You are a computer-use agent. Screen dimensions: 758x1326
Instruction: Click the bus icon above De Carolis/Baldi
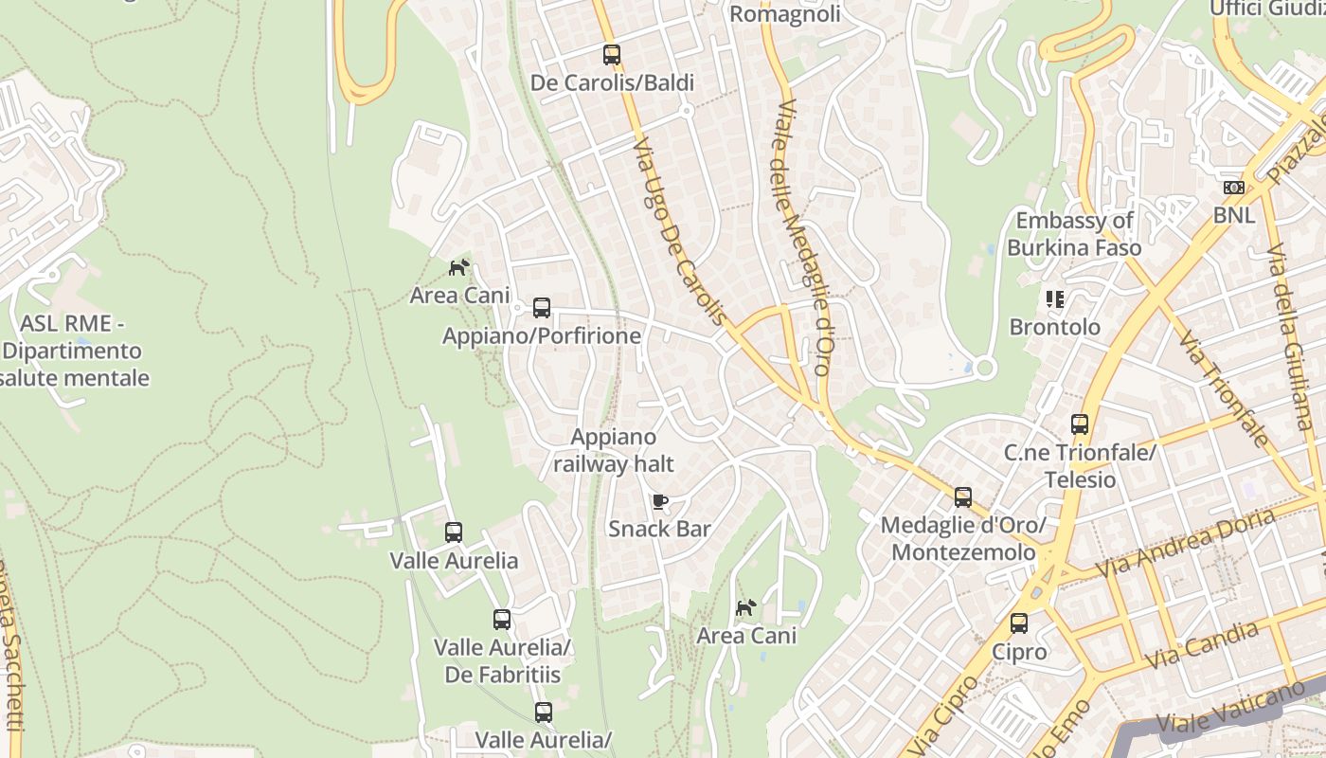click(612, 55)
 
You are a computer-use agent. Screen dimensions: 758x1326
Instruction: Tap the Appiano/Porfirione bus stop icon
click(542, 308)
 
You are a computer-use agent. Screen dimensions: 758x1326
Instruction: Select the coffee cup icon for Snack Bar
click(660, 501)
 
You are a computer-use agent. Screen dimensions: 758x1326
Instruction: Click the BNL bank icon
click(1233, 188)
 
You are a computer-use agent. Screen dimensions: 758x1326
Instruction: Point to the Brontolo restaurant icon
click(1055, 299)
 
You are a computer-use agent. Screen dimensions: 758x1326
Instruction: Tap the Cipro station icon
click(1019, 623)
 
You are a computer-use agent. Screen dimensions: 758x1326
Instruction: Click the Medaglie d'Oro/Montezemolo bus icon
click(963, 496)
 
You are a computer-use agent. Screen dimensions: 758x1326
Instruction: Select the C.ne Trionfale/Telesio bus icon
click(1080, 424)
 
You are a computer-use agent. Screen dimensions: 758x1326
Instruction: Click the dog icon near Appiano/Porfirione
click(458, 268)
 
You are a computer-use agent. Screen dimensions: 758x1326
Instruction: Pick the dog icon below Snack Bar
click(746, 607)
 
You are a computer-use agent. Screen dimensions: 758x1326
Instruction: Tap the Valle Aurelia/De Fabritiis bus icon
click(502, 620)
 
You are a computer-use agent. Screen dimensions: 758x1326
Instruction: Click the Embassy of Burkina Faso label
click(1074, 234)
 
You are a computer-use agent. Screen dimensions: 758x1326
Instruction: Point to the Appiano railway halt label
click(614, 450)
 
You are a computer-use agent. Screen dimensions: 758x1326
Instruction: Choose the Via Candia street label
click(1202, 644)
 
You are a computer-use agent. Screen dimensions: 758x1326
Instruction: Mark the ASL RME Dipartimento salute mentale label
click(73, 351)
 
